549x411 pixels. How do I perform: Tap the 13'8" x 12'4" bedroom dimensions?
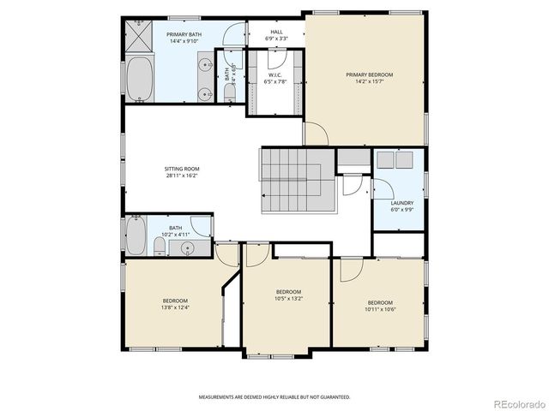tap(175, 307)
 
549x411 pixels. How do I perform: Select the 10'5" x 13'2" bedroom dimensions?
tap(288, 299)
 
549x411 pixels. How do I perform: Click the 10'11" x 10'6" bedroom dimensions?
tap(379, 308)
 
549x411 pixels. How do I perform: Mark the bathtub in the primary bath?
tap(141, 77)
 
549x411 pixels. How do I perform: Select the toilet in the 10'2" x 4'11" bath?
tap(160, 247)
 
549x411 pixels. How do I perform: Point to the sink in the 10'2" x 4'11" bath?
tap(188, 247)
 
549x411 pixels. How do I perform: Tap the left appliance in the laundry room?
tap(385, 158)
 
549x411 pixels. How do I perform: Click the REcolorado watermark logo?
tap(514, 402)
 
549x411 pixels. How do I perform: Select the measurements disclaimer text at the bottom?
tap(274, 397)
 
